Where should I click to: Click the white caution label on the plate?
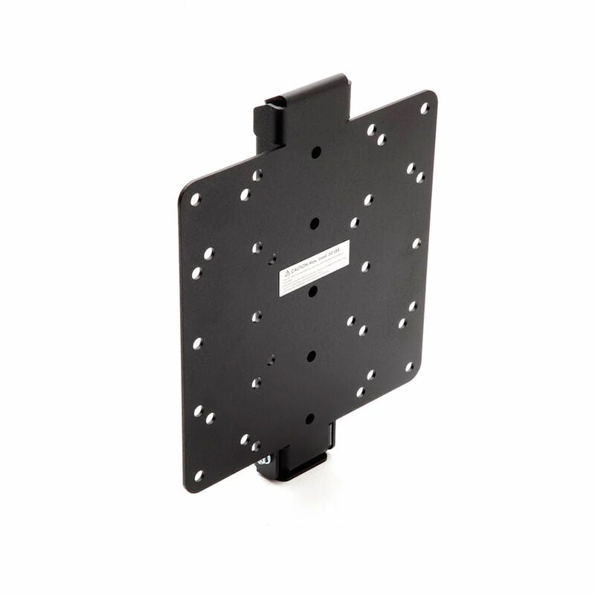point(314,268)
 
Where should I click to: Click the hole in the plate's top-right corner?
point(425,108)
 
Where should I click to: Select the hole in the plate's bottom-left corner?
point(199,475)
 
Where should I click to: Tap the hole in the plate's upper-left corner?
point(196,199)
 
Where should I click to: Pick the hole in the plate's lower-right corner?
point(409,367)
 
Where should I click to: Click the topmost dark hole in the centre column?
point(316,152)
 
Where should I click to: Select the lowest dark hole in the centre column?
point(309,419)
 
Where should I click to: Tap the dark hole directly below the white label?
point(313,291)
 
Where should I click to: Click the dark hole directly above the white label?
point(314,222)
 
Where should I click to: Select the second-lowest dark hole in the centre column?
point(311,356)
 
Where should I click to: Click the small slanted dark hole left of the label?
point(272,259)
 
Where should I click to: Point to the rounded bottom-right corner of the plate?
point(416,372)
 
